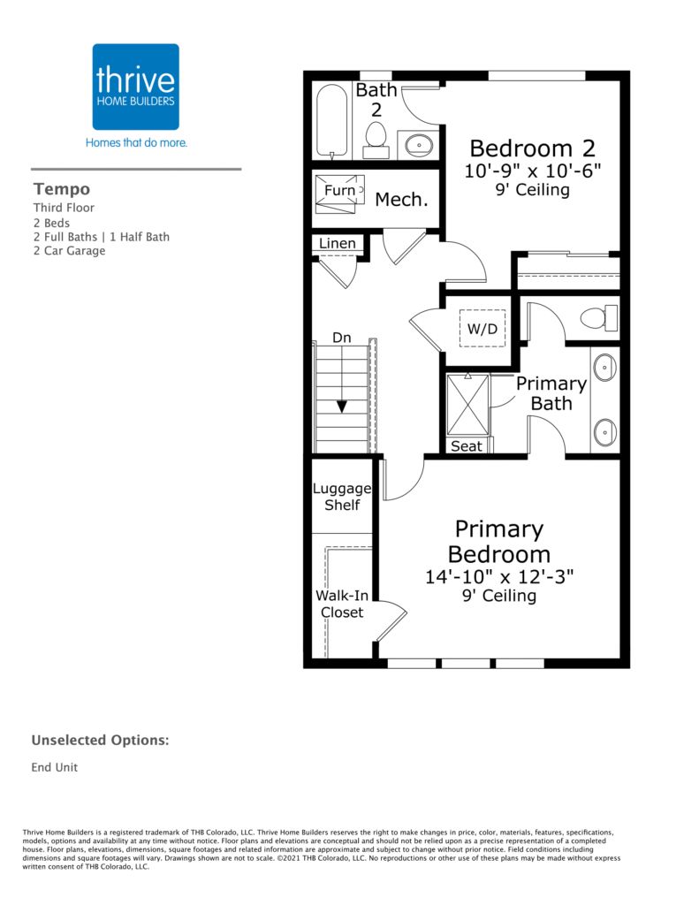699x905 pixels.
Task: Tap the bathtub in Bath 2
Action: pos(332,120)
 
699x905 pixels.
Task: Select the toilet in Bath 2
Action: pos(376,140)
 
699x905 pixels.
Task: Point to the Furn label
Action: pos(339,191)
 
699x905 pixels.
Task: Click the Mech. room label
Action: pos(402,200)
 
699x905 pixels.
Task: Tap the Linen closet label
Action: pos(338,244)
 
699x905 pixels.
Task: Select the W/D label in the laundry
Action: pos(482,329)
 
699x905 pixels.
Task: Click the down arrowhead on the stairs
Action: pos(342,407)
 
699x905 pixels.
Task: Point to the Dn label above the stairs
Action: pos(342,338)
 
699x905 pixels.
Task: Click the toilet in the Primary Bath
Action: pos(598,318)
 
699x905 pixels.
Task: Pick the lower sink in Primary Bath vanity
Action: pos(605,431)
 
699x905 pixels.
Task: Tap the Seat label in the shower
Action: pos(466,446)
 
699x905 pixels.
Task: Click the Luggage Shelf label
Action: pos(342,497)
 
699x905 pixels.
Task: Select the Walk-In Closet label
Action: pos(342,604)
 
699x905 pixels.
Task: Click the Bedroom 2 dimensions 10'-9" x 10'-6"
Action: pos(533,171)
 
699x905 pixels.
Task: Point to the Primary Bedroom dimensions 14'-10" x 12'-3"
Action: pos(499,576)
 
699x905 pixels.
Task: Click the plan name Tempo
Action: pos(62,189)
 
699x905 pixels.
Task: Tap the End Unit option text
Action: pos(54,767)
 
